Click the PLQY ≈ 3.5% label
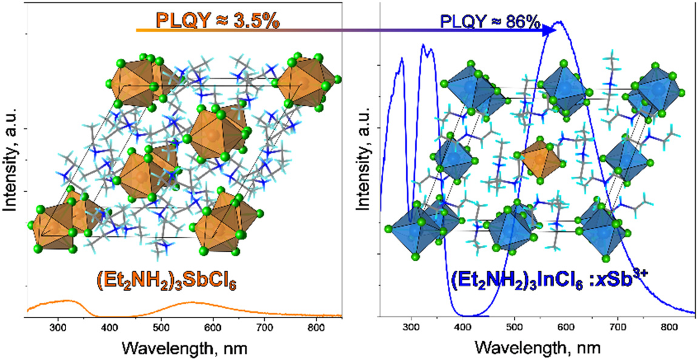[x=218, y=20]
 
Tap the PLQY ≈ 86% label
[x=490, y=22]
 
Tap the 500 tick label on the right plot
[x=514, y=327]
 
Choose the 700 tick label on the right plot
[x=618, y=327]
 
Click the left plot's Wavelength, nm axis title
[x=184, y=348]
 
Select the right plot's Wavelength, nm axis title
[x=538, y=348]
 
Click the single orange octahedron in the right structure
[x=540, y=159]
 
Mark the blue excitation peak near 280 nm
[x=401, y=59]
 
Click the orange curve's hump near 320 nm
[x=68, y=301]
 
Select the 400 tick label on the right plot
[x=463, y=327]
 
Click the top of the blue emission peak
[x=559, y=21]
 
